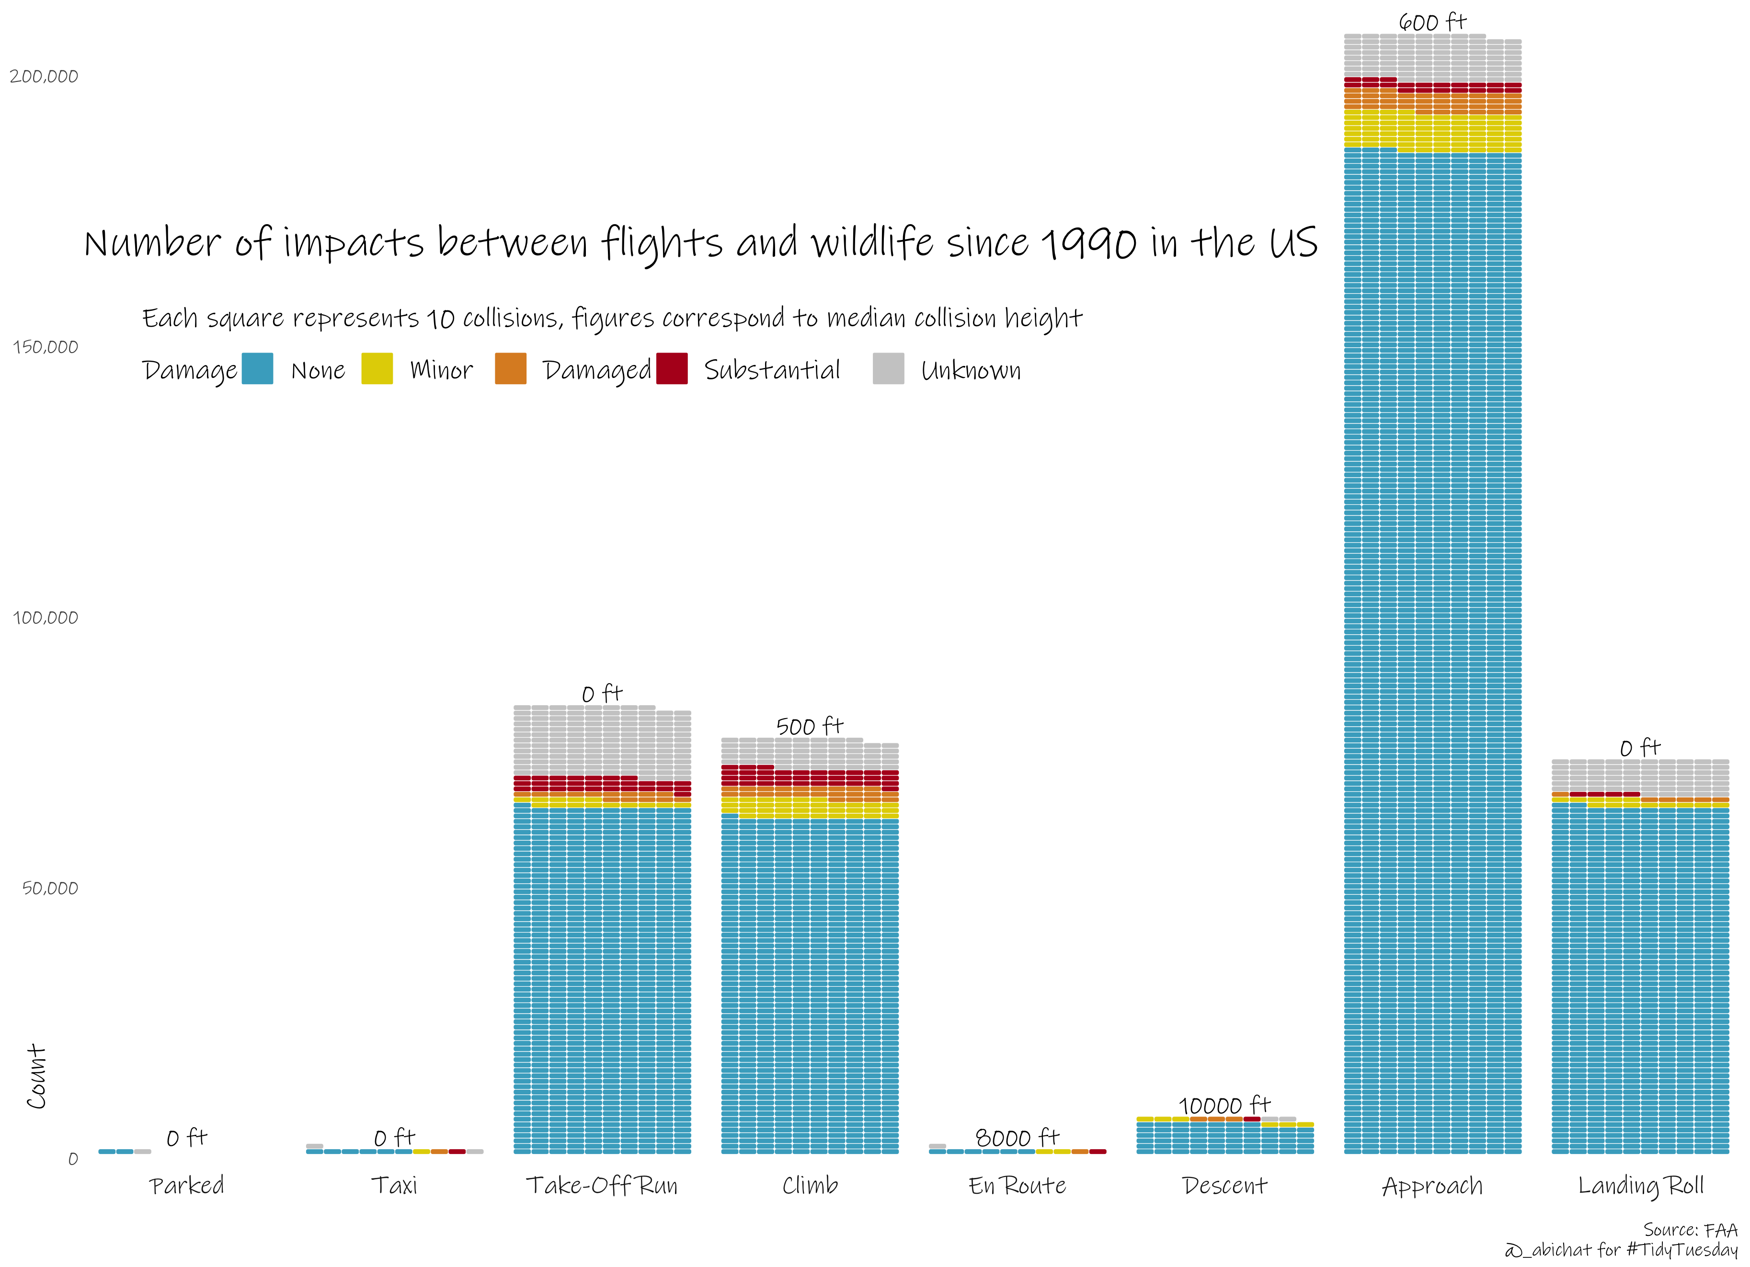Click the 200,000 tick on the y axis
44,76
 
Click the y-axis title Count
36,1077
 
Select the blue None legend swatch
257,369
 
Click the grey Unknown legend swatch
888,369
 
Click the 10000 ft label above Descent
1224,1105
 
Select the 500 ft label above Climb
810,726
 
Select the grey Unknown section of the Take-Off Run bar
602,741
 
